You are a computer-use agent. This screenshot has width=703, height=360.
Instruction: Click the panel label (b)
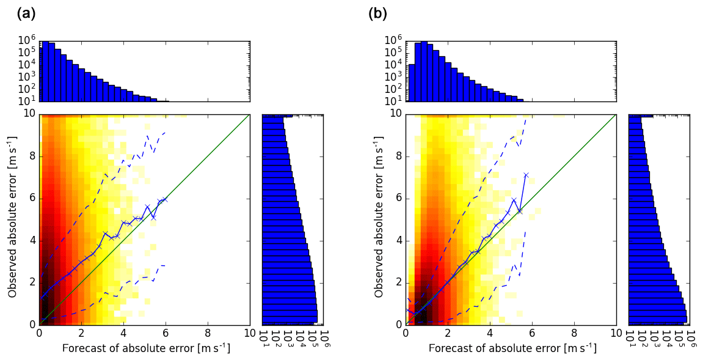377,14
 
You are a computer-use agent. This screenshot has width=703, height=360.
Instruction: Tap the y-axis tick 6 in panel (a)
32,198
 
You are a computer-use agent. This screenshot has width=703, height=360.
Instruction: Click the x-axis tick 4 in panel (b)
490,334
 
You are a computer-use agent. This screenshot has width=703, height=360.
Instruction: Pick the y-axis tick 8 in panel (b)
398,156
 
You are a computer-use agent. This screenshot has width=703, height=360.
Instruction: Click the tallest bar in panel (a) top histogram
45,71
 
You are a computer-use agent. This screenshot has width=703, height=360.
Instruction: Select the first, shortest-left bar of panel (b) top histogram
412,83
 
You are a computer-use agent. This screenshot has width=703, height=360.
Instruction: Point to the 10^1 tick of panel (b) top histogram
393,100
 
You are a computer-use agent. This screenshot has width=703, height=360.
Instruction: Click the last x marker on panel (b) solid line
526,175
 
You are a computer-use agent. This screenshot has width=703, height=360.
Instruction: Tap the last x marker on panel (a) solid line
165,199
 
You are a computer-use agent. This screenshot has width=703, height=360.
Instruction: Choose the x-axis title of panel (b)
512,348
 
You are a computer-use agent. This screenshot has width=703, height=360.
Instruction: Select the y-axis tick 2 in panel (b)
398,282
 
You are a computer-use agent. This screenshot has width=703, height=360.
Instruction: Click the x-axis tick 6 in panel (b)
532,334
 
